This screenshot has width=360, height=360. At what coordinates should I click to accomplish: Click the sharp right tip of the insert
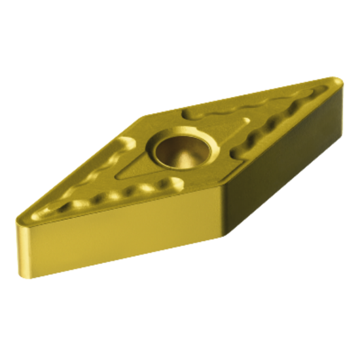338,82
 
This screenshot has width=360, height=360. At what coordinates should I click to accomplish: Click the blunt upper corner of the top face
147,118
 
